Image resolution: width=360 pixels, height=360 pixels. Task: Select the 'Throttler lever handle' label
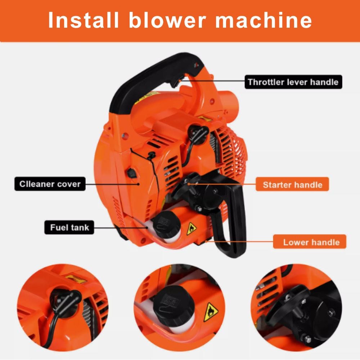(293, 82)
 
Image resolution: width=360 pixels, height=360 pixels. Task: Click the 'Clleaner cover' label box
(50, 184)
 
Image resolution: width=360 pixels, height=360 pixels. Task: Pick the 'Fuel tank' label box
(69, 228)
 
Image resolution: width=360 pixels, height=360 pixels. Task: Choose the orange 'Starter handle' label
(292, 185)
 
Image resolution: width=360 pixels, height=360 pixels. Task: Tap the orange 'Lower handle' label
(310, 242)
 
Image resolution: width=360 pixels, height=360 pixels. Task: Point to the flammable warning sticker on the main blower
(191, 229)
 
